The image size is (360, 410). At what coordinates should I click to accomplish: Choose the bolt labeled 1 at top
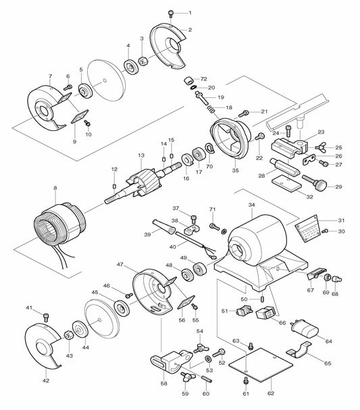click(x=172, y=13)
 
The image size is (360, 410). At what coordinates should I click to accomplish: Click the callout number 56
click(x=181, y=319)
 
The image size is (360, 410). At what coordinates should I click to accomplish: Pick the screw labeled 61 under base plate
click(x=247, y=382)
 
